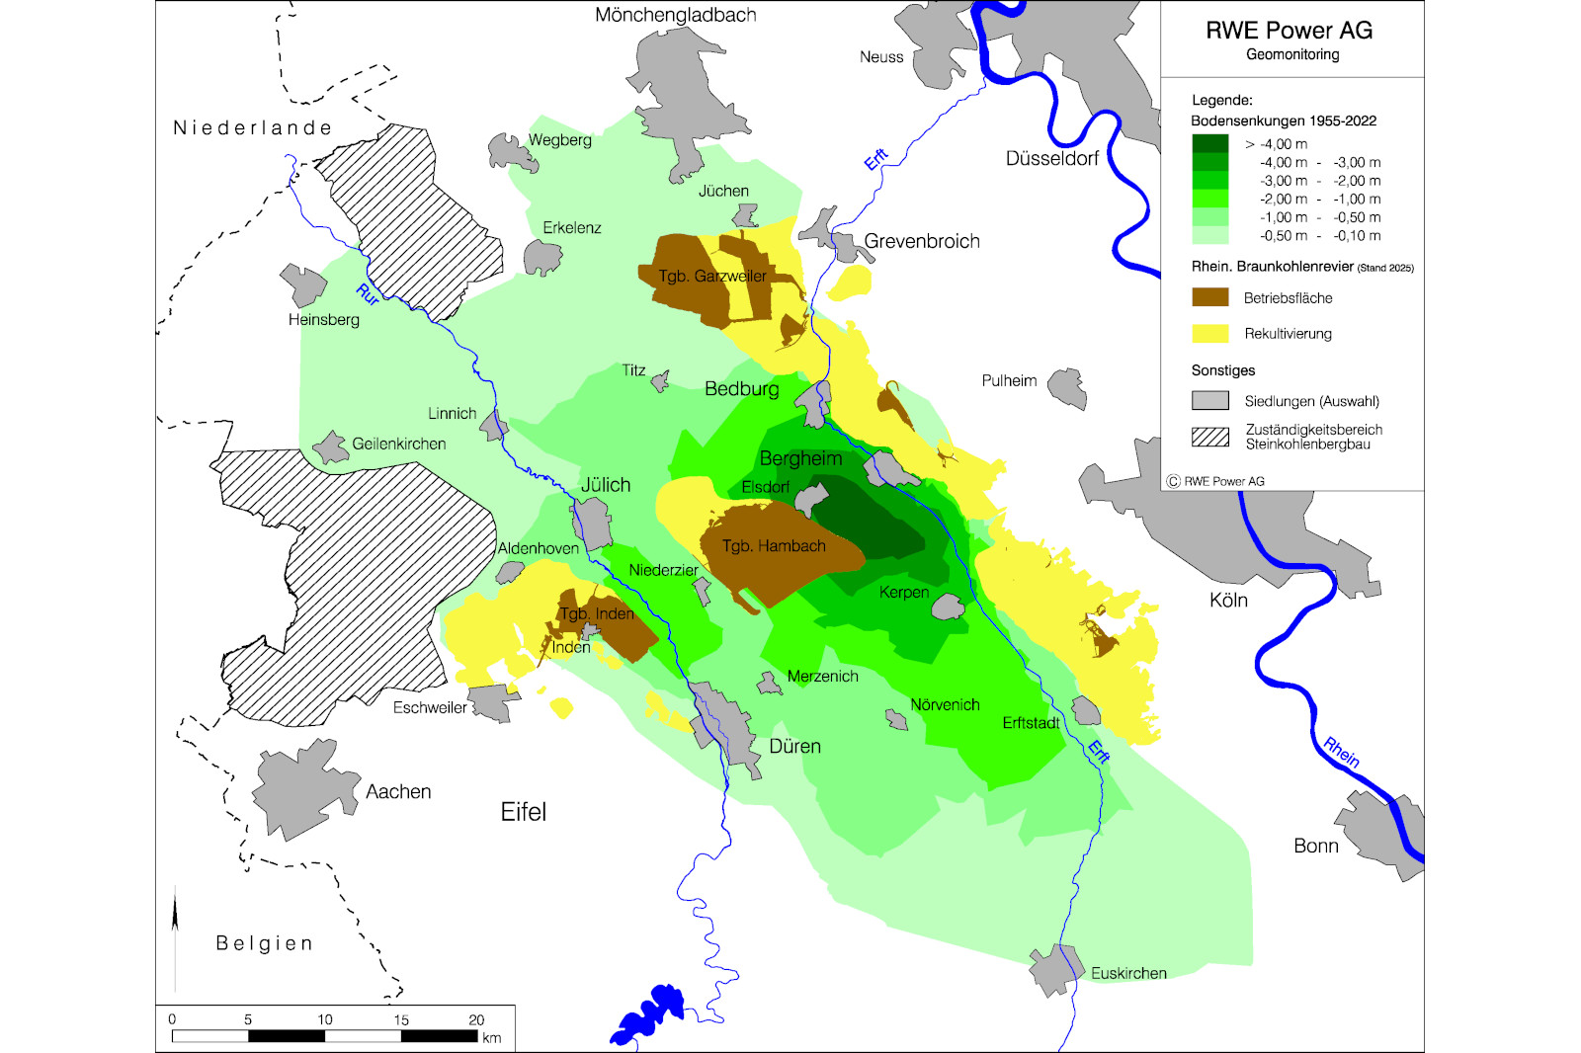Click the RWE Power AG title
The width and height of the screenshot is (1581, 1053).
1289,31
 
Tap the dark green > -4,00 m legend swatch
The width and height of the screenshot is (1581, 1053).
1209,143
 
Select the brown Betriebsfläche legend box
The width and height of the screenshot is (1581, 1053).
1209,297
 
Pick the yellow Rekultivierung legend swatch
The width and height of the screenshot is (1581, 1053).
1209,333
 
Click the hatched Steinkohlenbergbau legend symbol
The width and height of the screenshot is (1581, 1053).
1209,437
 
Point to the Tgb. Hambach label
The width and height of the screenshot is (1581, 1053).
774,546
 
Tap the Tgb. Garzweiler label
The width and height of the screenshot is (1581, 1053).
712,276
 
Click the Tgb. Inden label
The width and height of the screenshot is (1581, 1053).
597,613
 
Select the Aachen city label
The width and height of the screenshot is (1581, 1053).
398,791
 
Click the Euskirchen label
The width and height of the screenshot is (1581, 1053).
1128,973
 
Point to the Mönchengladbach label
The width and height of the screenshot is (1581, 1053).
676,15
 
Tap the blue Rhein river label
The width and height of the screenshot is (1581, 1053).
1341,752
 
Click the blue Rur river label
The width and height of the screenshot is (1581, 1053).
368,293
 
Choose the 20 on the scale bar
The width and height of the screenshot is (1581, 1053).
476,1019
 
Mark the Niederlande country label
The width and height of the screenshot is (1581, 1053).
252,127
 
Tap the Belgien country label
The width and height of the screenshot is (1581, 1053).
264,943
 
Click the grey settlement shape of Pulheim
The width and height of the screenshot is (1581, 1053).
1068,387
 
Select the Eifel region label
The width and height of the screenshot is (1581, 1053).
523,812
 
